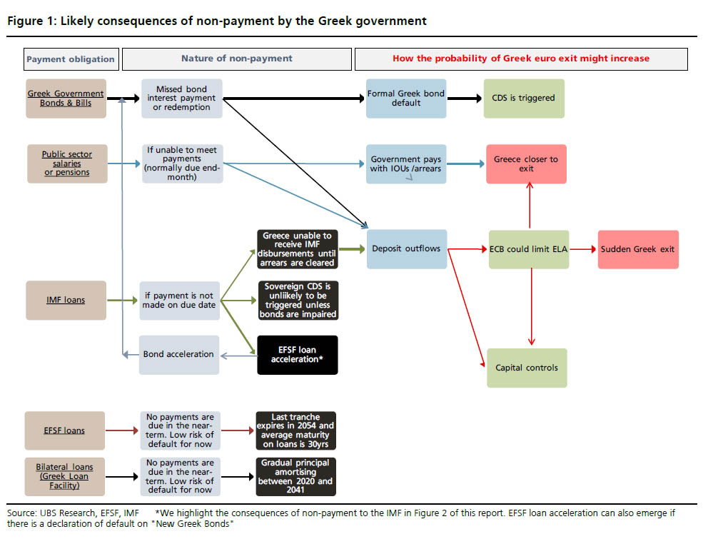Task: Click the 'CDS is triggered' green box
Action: pyautogui.click(x=523, y=99)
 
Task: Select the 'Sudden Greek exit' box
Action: pyautogui.click(x=638, y=249)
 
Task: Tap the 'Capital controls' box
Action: pyautogui.click(x=527, y=368)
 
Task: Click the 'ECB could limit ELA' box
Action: pyautogui.click(x=529, y=249)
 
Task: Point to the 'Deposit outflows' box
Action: pyautogui.click(x=407, y=249)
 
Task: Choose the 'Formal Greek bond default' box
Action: pyautogui.click(x=405, y=99)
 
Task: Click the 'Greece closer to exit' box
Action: pyautogui.click(x=526, y=164)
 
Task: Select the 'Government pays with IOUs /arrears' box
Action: pyautogui.click(x=406, y=164)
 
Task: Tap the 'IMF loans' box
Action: pyautogui.click(x=66, y=300)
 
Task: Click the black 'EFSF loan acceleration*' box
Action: pyautogui.click(x=297, y=355)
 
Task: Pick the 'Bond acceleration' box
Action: pyautogui.click(x=178, y=354)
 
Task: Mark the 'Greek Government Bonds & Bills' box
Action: pyautogui.click(x=66, y=99)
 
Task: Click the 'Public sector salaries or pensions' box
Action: pyautogui.click(x=66, y=163)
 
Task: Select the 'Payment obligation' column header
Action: pyautogui.click(x=70, y=59)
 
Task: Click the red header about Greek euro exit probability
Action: pyautogui.click(x=521, y=59)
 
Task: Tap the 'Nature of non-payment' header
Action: pyautogui.click(x=236, y=59)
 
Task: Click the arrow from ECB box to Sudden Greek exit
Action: pyautogui.click(x=583, y=249)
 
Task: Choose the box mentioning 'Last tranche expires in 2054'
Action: pyautogui.click(x=296, y=430)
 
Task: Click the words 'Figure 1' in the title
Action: pyautogui.click(x=28, y=21)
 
